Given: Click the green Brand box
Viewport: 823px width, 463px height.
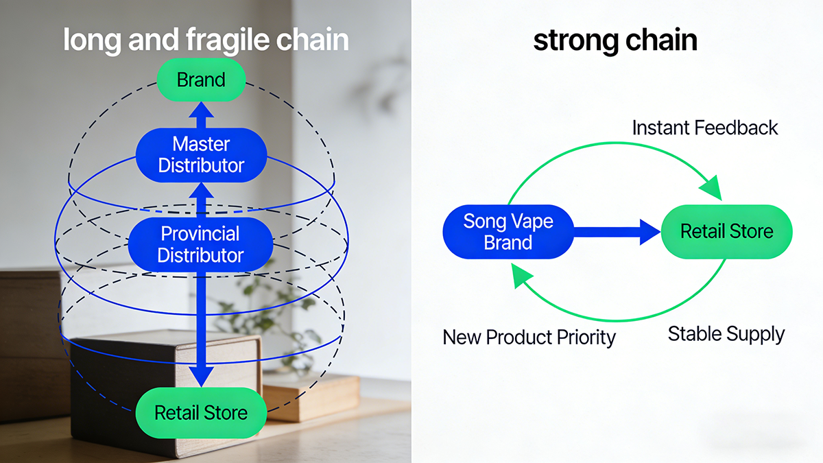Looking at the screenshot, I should (201, 80).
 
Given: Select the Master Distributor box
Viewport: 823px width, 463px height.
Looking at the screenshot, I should (201, 155).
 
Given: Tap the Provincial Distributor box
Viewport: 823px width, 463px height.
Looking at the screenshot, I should (200, 244).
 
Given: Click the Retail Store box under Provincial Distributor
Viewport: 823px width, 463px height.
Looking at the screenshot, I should (200, 413).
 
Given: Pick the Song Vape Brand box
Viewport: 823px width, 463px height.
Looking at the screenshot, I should (508, 232).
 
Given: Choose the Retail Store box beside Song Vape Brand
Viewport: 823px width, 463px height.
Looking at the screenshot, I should (726, 232).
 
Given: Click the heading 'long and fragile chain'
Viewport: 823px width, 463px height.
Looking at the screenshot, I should (206, 40).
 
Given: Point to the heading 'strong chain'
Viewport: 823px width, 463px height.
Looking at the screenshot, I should (615, 40).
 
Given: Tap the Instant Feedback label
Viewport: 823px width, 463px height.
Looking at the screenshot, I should (705, 128).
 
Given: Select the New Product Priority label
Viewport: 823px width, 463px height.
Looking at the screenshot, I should (529, 337).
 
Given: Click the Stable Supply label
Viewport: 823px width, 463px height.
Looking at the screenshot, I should (726, 335).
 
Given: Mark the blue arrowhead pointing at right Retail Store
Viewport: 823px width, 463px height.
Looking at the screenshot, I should (649, 232).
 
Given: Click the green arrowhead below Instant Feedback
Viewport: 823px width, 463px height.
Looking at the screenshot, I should (711, 187).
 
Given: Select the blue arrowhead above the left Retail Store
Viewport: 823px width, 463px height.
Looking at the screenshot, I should (201, 377).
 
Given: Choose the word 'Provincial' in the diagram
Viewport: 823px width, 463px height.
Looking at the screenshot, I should (200, 234).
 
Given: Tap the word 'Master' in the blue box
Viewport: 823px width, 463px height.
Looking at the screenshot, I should (201, 145).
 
